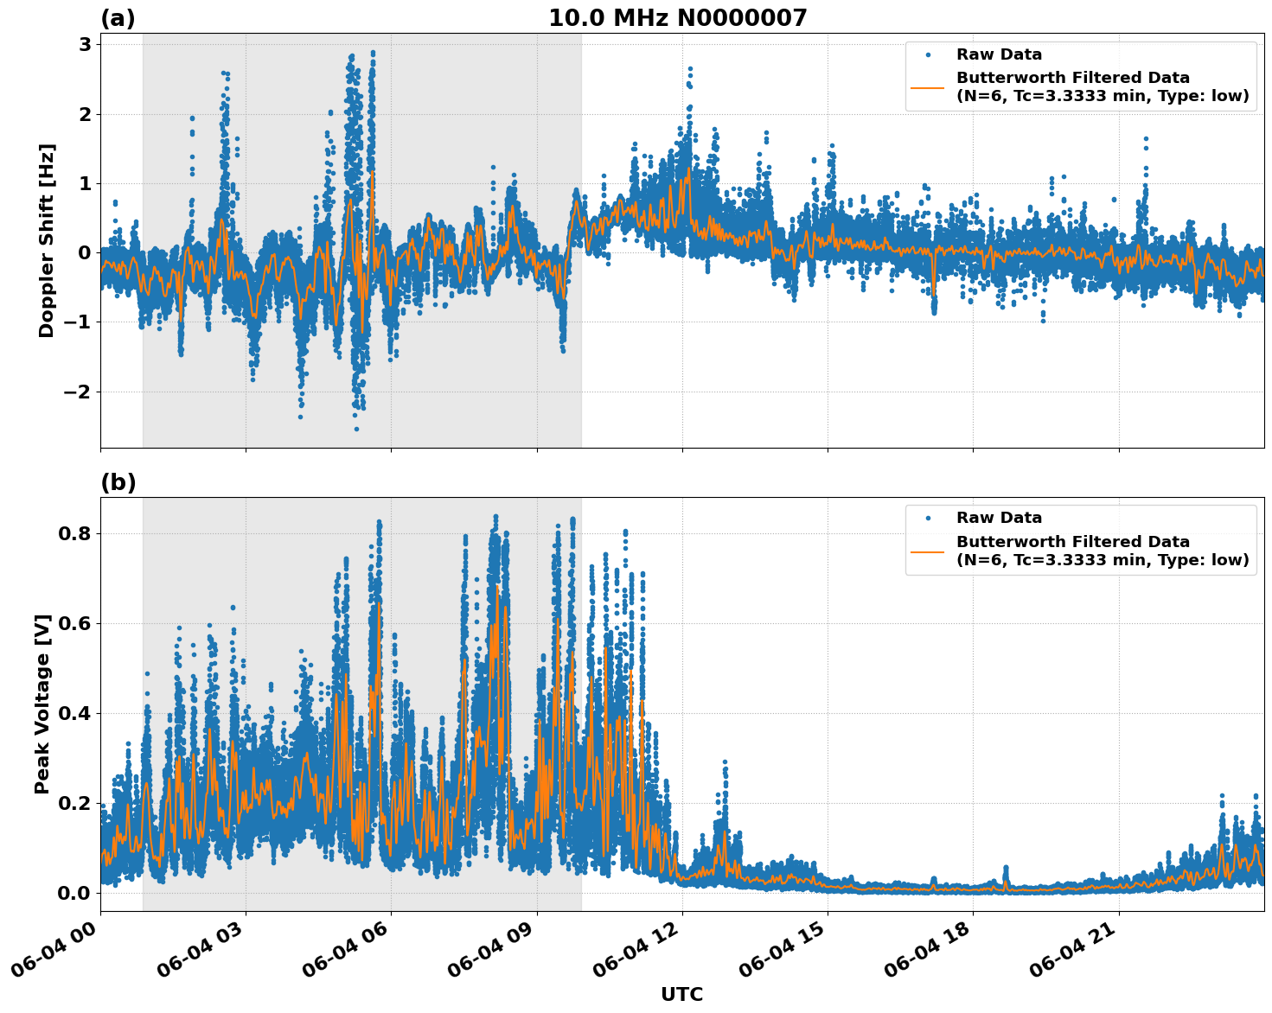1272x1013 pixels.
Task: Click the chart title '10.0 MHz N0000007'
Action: click(677, 18)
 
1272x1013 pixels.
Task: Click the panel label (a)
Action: click(118, 18)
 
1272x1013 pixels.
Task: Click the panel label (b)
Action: click(118, 482)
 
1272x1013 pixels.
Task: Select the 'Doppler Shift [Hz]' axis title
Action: click(47, 240)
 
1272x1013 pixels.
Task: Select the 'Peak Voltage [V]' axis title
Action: click(42, 704)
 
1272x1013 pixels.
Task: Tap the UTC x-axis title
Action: click(681, 994)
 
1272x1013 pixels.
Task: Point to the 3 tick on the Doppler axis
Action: click(85, 45)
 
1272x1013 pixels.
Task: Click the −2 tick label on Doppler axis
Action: click(78, 392)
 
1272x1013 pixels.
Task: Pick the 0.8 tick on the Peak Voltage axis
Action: click(75, 533)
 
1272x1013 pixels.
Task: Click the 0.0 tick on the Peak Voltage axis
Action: click(75, 893)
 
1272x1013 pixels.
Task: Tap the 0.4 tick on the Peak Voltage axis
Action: click(75, 713)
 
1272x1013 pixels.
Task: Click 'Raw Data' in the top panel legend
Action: click(999, 54)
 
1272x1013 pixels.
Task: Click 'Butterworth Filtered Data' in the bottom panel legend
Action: click(1072, 542)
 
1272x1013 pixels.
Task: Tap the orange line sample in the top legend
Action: click(928, 86)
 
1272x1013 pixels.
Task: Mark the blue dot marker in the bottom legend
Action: click(928, 518)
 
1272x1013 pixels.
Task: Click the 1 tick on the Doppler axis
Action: click(85, 183)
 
